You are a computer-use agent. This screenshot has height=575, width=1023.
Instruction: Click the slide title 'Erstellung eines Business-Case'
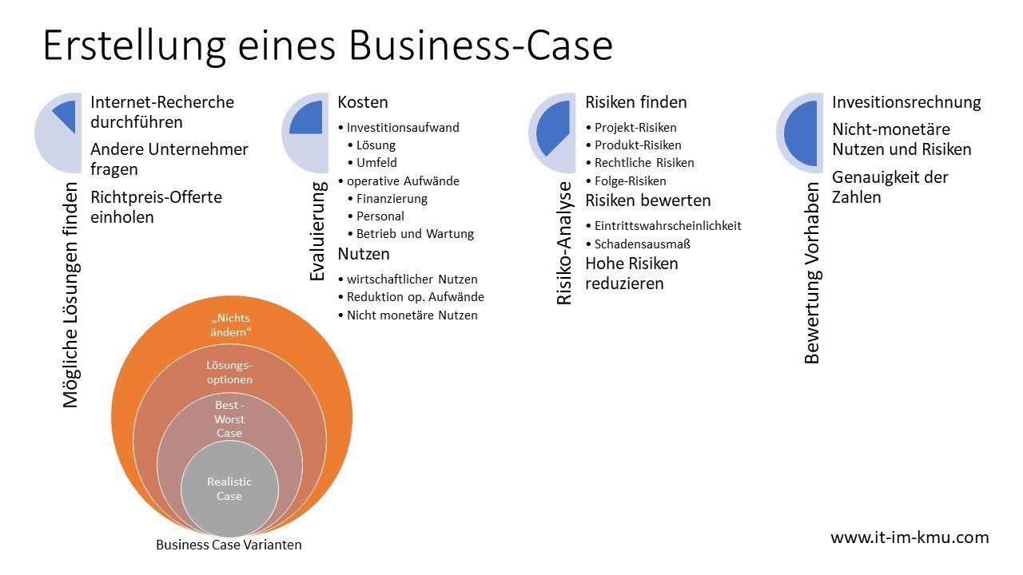(x=328, y=46)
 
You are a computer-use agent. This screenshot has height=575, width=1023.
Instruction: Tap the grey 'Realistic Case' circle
(x=229, y=489)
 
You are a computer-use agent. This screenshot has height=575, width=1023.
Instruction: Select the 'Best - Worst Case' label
(x=229, y=419)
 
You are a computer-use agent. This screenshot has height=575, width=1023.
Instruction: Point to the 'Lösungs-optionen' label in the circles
(x=229, y=372)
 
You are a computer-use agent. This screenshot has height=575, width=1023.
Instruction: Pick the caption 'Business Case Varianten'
(x=229, y=545)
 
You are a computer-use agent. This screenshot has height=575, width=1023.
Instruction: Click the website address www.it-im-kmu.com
(x=910, y=537)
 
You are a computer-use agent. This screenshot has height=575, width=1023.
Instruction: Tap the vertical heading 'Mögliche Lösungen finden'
(x=71, y=295)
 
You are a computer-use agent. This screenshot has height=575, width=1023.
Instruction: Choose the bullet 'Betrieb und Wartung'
(x=415, y=234)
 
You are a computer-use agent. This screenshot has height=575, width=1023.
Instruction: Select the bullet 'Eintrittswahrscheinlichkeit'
(x=667, y=226)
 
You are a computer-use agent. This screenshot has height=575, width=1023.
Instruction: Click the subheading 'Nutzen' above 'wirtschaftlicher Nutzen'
(x=364, y=255)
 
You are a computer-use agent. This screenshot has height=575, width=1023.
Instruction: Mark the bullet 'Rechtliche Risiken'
(x=644, y=163)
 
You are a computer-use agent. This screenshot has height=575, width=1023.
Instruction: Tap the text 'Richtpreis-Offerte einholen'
(x=156, y=207)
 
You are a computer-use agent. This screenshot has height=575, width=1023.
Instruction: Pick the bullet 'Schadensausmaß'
(x=642, y=244)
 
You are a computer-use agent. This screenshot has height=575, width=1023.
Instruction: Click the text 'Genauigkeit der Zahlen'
(x=890, y=187)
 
